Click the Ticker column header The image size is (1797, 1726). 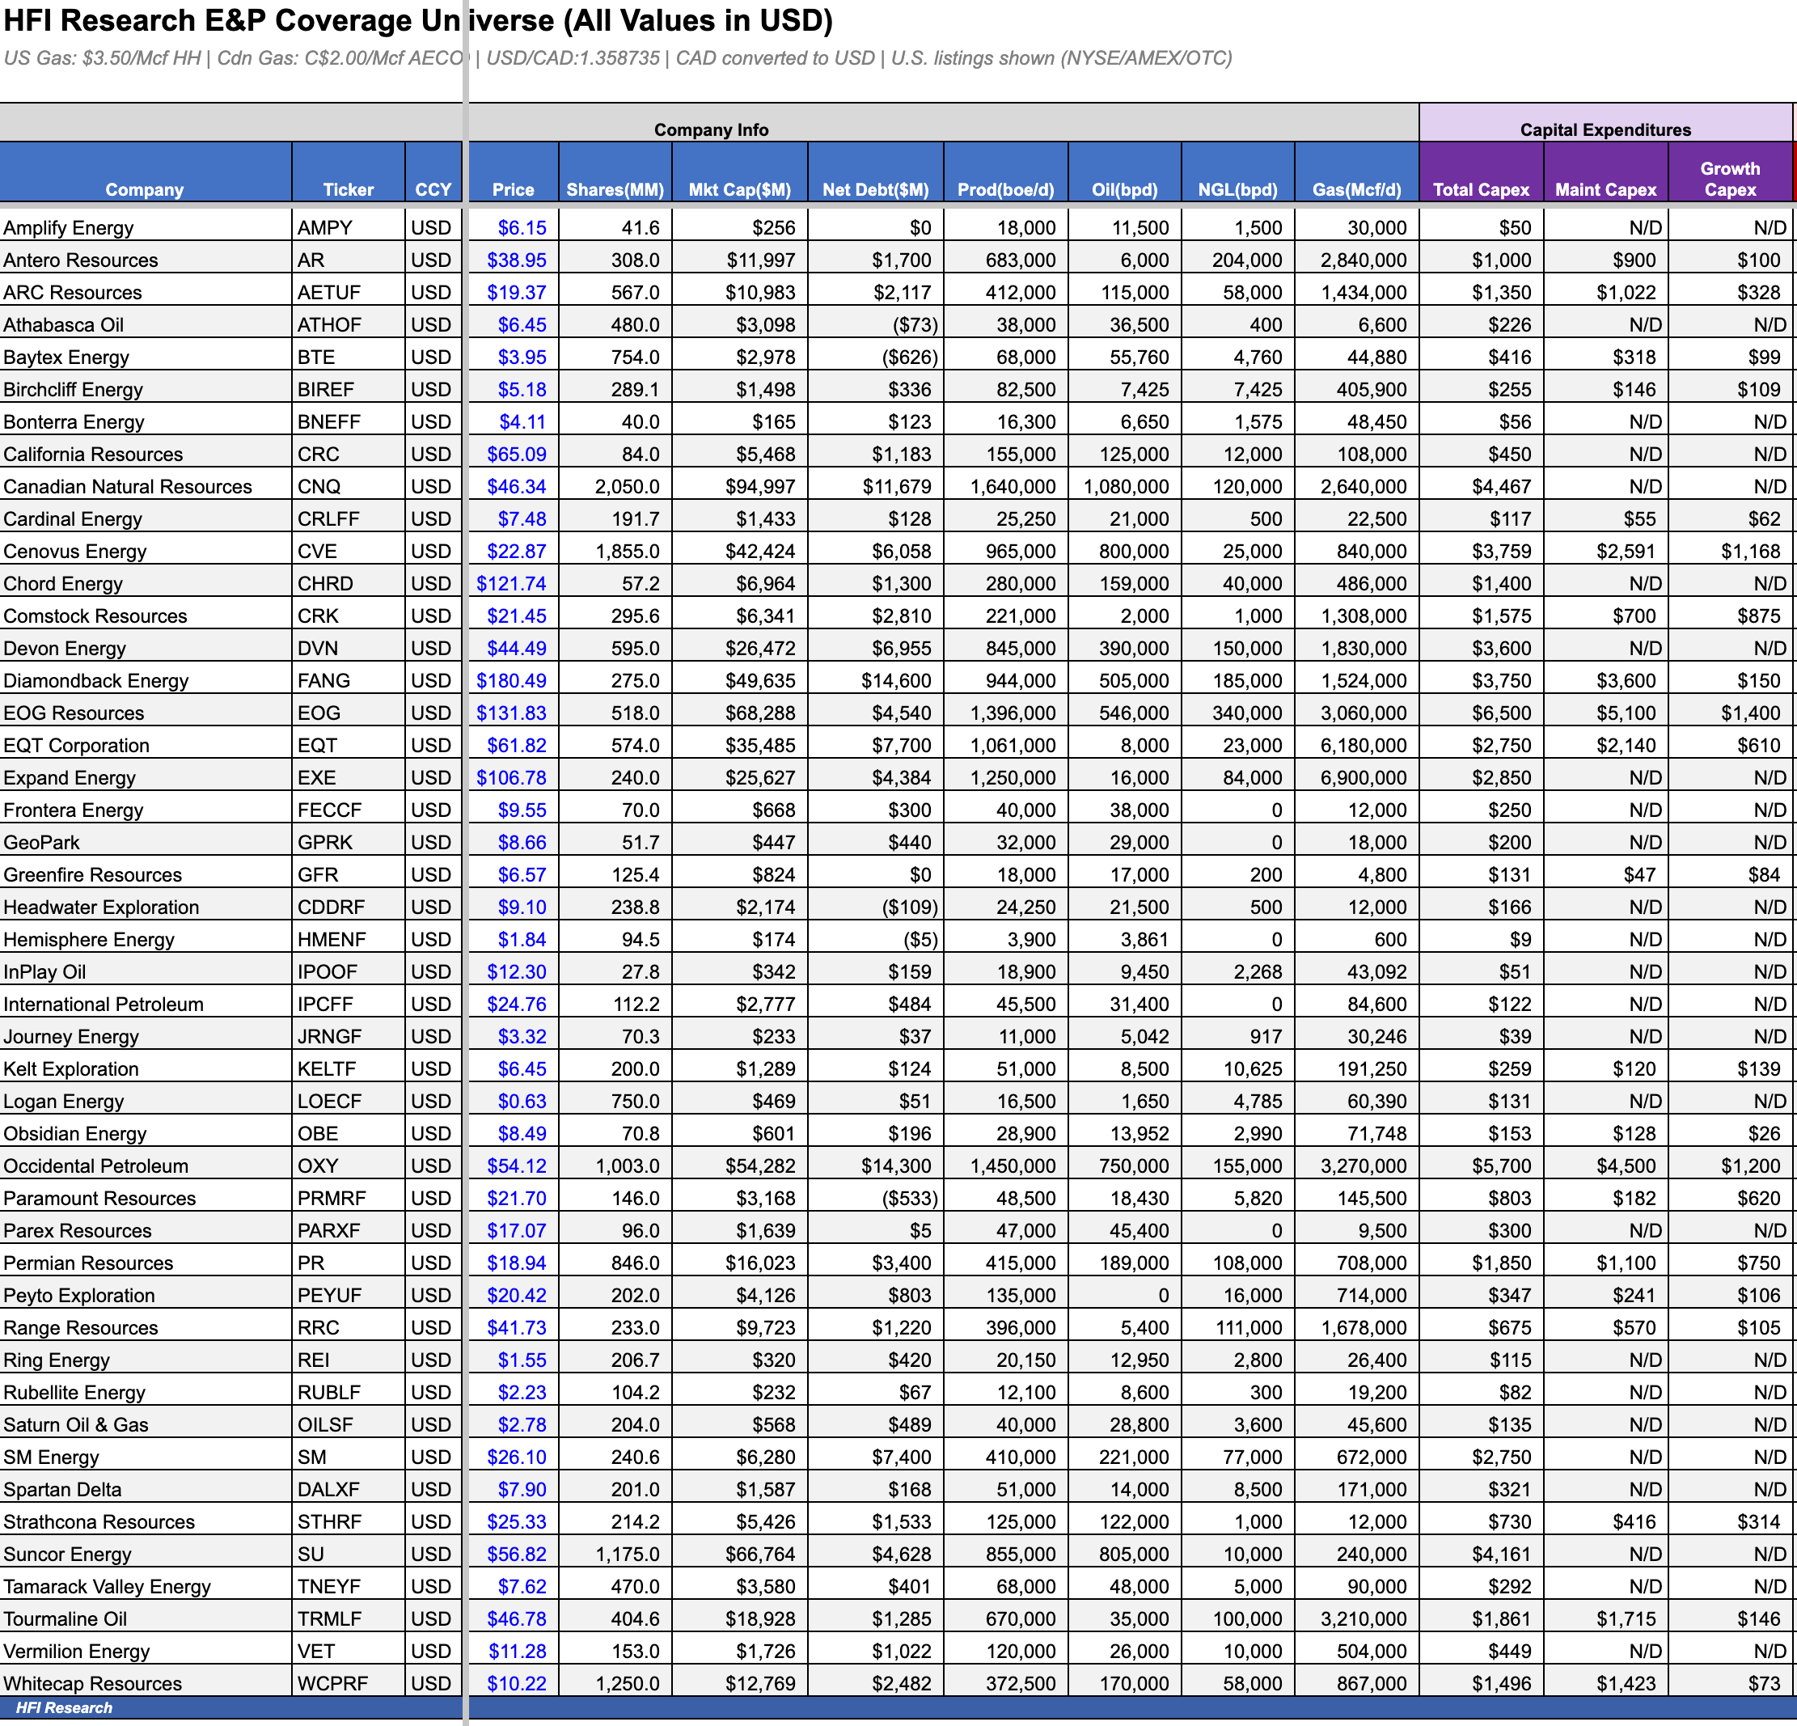coord(349,189)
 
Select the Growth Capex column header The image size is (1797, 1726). coord(1729,179)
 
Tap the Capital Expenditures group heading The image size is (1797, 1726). coord(1605,129)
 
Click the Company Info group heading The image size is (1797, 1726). coord(711,129)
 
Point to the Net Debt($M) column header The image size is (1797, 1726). coord(875,189)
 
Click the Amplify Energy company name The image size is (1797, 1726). coord(69,227)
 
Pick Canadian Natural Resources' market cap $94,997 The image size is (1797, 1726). coord(760,486)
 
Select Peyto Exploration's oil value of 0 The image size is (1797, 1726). coord(1162,1295)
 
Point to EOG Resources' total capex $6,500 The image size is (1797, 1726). coord(1501,713)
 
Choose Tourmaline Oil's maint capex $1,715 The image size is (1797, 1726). coord(1626,1618)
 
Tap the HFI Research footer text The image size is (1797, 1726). coord(64,1707)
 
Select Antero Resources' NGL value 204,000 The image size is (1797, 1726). coord(1246,260)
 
